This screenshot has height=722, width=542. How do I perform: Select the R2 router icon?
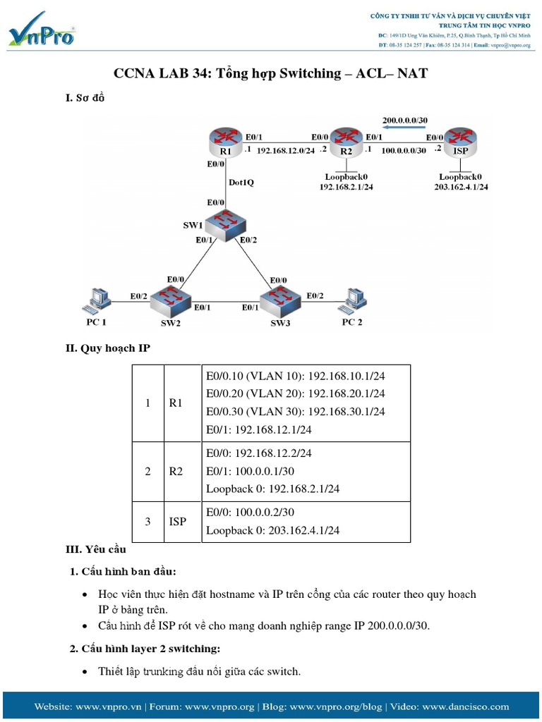tap(346, 141)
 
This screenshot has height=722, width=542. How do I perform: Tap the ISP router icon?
tap(460, 141)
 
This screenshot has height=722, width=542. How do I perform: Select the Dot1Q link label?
tap(241, 182)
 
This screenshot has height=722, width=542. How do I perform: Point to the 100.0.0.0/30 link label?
tap(403, 151)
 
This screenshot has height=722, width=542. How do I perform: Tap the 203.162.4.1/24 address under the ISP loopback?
tap(461, 187)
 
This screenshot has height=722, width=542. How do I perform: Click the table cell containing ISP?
tap(178, 522)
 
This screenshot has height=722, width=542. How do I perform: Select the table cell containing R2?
tap(176, 471)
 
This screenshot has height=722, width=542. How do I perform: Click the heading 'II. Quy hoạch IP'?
tap(108, 348)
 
